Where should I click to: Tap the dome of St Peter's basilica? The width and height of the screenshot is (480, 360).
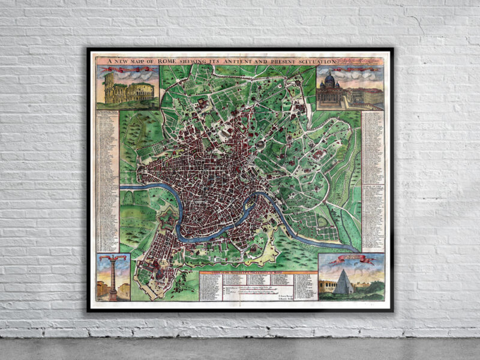click(x=329, y=79)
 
